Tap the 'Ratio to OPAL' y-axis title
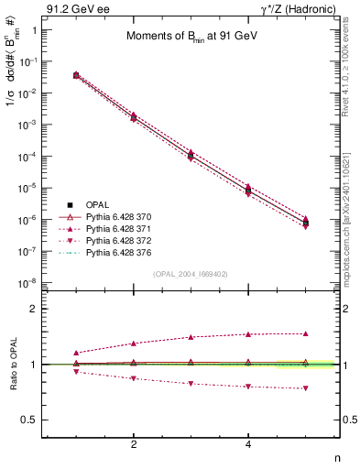pos(12,365)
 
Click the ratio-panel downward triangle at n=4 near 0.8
pos(248,387)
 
